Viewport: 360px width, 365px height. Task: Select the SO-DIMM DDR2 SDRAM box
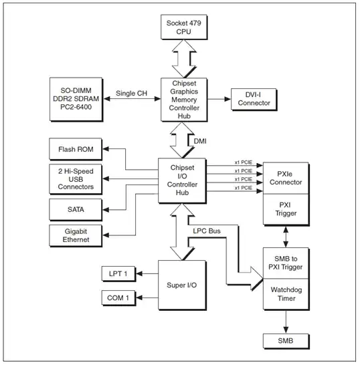[76, 99]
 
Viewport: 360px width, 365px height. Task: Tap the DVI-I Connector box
[254, 98]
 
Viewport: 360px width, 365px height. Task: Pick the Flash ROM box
[76, 149]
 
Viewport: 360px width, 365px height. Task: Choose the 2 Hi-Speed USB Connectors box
[76, 179]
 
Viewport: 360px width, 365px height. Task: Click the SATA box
[76, 210]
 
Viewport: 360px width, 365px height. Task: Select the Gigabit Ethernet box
[76, 235]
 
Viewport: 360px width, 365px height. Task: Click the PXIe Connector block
[286, 178]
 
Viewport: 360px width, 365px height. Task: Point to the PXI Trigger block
[286, 209]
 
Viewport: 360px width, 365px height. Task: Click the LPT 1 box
[121, 273]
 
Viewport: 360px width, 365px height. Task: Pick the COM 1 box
[121, 297]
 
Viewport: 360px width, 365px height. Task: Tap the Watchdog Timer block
[286, 294]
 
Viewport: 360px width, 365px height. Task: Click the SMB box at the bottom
[286, 342]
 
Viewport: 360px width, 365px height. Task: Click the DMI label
[201, 141]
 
